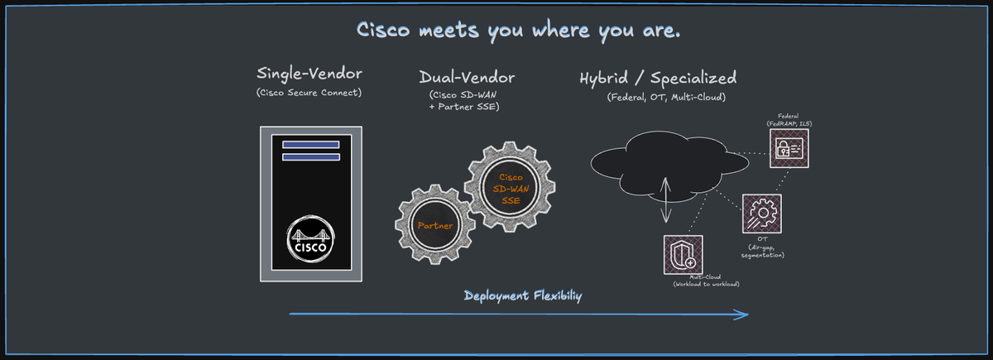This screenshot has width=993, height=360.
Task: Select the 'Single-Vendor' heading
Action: coord(309,73)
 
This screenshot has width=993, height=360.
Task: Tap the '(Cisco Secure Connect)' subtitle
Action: coord(309,92)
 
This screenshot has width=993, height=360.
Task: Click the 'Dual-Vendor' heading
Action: coord(467,78)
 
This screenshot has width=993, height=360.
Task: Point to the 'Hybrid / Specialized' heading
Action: coord(658,79)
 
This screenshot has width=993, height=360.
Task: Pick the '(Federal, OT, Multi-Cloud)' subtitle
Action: coord(667,98)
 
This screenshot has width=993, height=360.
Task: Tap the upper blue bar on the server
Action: coord(310,145)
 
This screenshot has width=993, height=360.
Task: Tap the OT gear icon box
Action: coord(761,214)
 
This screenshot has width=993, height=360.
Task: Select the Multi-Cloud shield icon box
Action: coord(684,255)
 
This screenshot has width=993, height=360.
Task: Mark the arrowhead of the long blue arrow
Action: coord(744,314)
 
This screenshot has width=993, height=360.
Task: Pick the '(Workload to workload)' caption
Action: coord(706,285)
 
